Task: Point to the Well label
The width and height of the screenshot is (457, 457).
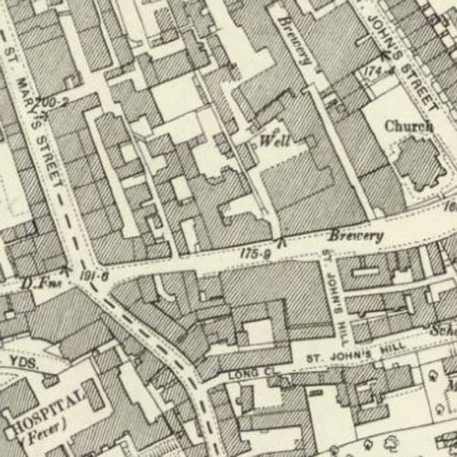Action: [x=274, y=142]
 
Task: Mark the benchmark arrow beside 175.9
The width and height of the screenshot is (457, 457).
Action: [x=281, y=240]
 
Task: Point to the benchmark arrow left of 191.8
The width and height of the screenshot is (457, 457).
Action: [x=67, y=270]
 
